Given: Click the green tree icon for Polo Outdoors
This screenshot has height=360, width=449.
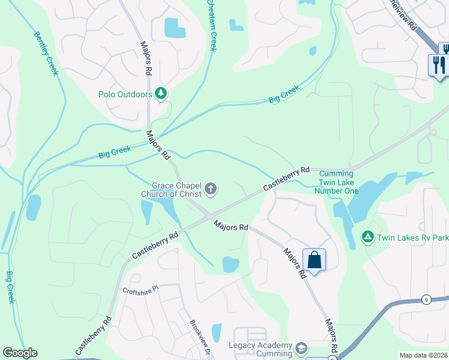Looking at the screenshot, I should click(x=160, y=93).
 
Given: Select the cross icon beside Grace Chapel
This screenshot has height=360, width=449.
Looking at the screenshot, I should click(x=210, y=190).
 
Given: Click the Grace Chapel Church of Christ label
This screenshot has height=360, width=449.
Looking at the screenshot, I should click(x=170, y=190).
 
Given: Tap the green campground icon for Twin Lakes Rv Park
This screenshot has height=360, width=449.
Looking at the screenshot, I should click(x=367, y=237).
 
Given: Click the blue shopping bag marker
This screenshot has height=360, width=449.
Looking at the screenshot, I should click(x=314, y=260).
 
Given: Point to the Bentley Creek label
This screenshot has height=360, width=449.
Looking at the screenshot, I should click(x=46, y=53).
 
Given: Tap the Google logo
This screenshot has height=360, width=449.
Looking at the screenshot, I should click(x=20, y=353).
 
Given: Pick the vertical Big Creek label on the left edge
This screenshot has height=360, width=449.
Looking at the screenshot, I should click(x=10, y=287).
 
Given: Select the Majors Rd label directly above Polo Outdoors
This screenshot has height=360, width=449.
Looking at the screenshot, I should click(x=146, y=58).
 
